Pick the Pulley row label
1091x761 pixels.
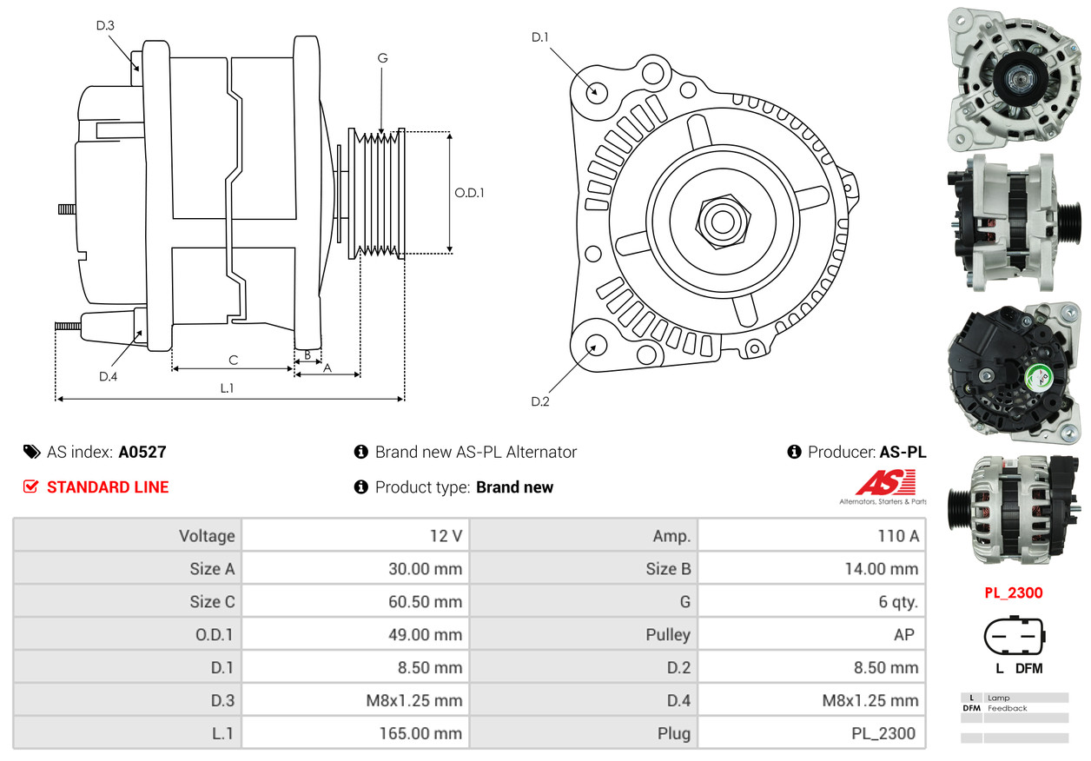(668, 635)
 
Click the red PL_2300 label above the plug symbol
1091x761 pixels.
(1013, 593)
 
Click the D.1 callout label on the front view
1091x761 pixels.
(540, 37)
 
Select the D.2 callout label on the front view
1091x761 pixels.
(540, 401)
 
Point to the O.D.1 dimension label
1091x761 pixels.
(470, 193)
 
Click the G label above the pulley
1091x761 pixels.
(382, 58)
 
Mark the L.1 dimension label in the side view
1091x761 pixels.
(227, 388)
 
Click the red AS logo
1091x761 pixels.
(885, 483)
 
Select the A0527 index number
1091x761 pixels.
(142, 452)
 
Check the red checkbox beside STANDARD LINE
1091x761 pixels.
(30, 487)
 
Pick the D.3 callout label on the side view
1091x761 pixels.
(105, 25)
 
